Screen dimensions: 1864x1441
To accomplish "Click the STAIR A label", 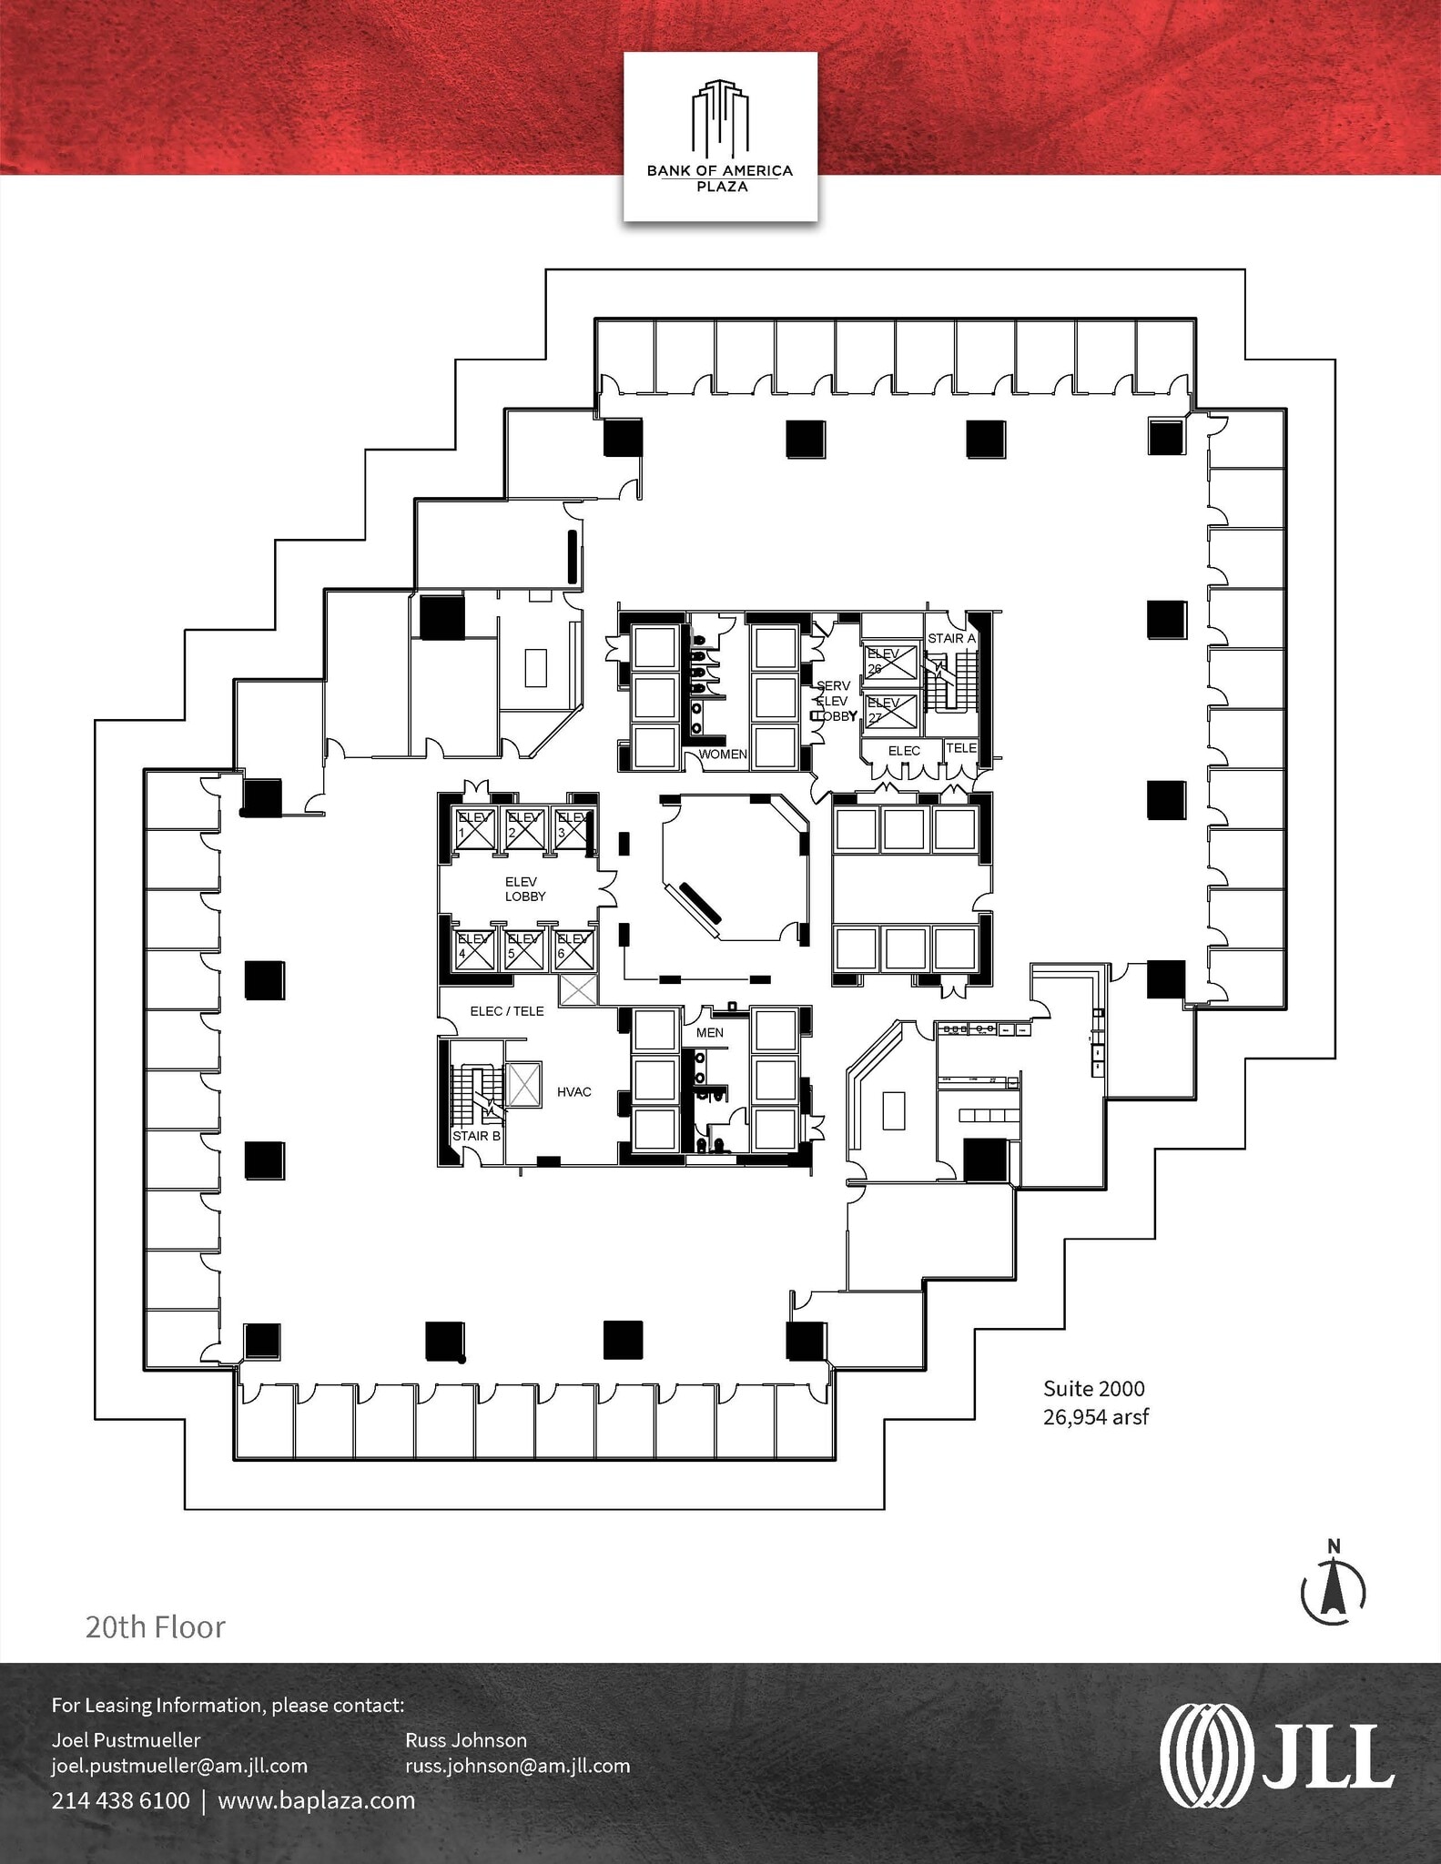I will [951, 638].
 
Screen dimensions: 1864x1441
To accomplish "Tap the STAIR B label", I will [476, 1136].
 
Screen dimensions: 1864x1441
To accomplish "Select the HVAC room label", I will [574, 1091].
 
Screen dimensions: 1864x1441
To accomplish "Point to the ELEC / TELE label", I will [507, 1010].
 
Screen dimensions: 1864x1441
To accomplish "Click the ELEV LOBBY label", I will [525, 888].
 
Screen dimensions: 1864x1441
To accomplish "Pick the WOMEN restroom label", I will [723, 755].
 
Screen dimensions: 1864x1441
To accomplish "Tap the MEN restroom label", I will [710, 1032].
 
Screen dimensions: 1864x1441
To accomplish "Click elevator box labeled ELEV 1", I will [473, 828].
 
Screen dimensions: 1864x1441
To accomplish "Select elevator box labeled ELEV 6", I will [573, 949].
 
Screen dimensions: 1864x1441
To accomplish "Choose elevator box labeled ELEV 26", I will [890, 662].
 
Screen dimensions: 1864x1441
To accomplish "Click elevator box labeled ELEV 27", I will [890, 711].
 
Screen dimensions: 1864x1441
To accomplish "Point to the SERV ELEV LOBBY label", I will [834, 701].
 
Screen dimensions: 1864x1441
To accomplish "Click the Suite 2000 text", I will [1093, 1389].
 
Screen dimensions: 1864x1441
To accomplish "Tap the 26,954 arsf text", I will [1095, 1417].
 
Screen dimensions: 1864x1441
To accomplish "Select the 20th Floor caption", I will [156, 1626].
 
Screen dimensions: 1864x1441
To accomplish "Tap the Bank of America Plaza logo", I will [720, 137].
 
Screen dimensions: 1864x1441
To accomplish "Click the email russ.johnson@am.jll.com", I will [517, 1766].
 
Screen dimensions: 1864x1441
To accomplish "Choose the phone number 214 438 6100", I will [120, 1800].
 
